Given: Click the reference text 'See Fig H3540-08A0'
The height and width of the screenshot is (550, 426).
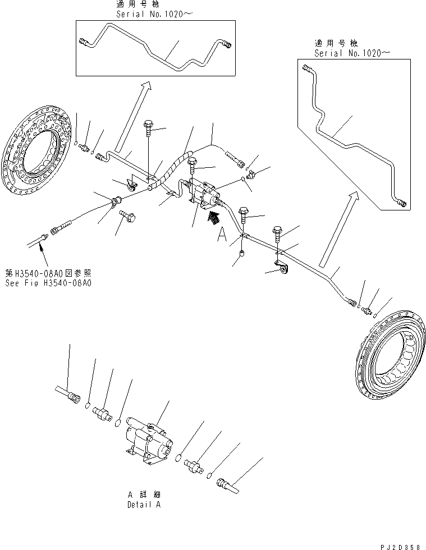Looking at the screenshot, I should click(49, 283).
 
